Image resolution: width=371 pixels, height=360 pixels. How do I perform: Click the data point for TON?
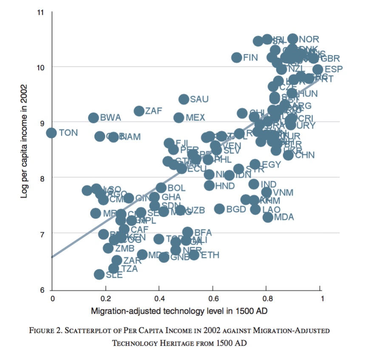click(51, 133)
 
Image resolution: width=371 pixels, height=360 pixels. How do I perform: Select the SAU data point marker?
click(184, 99)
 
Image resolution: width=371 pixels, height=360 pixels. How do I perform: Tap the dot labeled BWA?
click(93, 118)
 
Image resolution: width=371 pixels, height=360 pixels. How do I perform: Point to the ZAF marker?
click(139, 111)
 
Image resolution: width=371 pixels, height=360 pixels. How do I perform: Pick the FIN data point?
click(237, 57)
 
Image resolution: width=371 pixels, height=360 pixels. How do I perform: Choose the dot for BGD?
click(219, 209)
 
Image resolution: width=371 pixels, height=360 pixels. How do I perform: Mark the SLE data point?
click(99, 274)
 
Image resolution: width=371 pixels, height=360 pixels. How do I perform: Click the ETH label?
click(210, 255)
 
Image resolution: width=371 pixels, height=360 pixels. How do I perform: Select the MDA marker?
click(268, 217)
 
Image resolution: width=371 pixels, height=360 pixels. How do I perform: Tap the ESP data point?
click(317, 69)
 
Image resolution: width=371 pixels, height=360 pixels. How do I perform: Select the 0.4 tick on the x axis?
click(159, 298)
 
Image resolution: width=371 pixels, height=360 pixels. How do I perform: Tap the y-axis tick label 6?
click(41, 290)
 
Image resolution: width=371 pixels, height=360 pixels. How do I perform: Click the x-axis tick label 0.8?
click(266, 298)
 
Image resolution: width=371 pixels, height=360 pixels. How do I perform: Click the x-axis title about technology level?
click(179, 311)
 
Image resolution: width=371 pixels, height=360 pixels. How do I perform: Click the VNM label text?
click(283, 192)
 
